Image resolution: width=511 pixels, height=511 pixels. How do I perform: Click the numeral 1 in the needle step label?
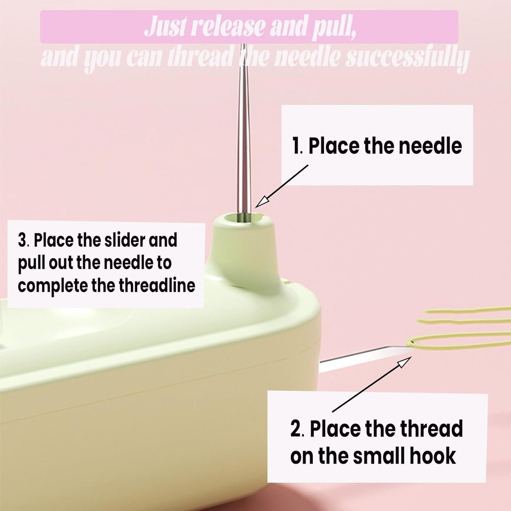tap(296, 146)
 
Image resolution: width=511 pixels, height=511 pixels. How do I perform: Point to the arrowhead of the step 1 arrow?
tap(261, 202)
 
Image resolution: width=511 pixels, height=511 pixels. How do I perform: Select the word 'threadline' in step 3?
tap(157, 286)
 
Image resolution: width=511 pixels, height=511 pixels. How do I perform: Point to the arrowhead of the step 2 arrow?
tap(405, 361)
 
